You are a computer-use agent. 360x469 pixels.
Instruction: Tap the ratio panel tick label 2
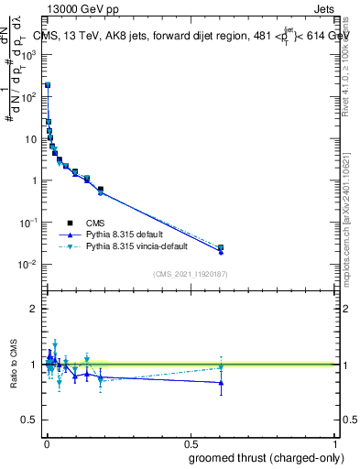coord(34,309)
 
